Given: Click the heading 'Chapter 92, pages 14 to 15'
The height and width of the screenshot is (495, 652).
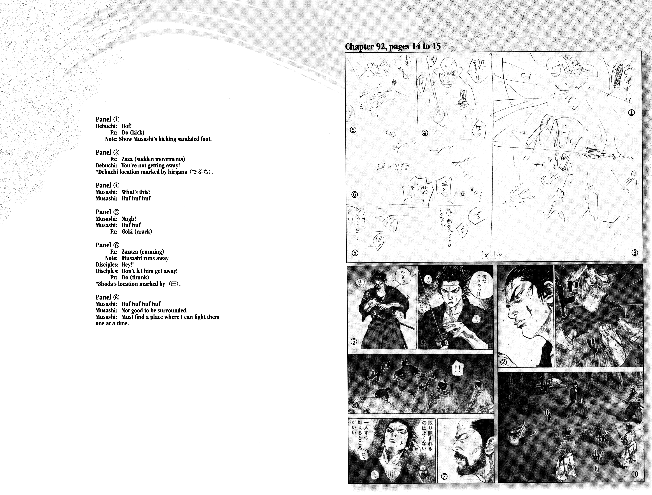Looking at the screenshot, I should pos(393,47).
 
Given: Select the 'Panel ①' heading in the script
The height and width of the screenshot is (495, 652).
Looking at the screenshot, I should pos(107,119).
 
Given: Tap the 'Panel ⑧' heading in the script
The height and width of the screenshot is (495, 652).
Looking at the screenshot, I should pos(107,297).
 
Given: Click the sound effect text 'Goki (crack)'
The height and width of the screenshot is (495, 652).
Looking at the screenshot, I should pos(137,232).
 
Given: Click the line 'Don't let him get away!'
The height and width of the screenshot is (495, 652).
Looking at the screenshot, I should pos(149,271).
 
